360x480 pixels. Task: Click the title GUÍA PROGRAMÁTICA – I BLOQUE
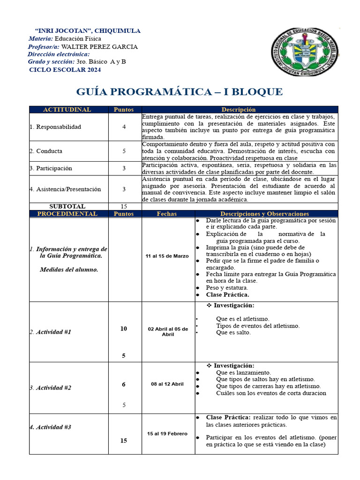(180, 91)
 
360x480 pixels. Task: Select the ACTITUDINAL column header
(67, 110)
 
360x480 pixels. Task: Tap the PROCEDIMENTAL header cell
(67, 214)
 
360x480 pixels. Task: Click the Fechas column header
(167, 214)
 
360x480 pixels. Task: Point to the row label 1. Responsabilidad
(55, 127)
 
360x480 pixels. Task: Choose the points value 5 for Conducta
(124, 151)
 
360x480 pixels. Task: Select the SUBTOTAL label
(67, 206)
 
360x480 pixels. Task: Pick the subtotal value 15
(124, 206)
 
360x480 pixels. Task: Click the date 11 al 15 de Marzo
(167, 256)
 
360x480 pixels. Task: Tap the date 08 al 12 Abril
(167, 384)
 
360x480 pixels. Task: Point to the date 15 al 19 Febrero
(167, 434)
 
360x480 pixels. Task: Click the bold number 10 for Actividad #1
(124, 329)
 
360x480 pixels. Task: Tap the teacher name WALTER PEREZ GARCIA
(99, 47)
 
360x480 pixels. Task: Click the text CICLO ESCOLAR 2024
(65, 70)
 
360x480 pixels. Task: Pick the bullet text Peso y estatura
(227, 287)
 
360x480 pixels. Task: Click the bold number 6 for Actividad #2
(124, 384)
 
